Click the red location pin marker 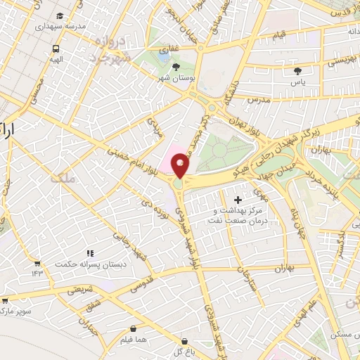point(180,165)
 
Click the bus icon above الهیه point(56,49)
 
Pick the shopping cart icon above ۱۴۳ point(37,264)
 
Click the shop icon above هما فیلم point(134,328)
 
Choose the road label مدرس point(260,101)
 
